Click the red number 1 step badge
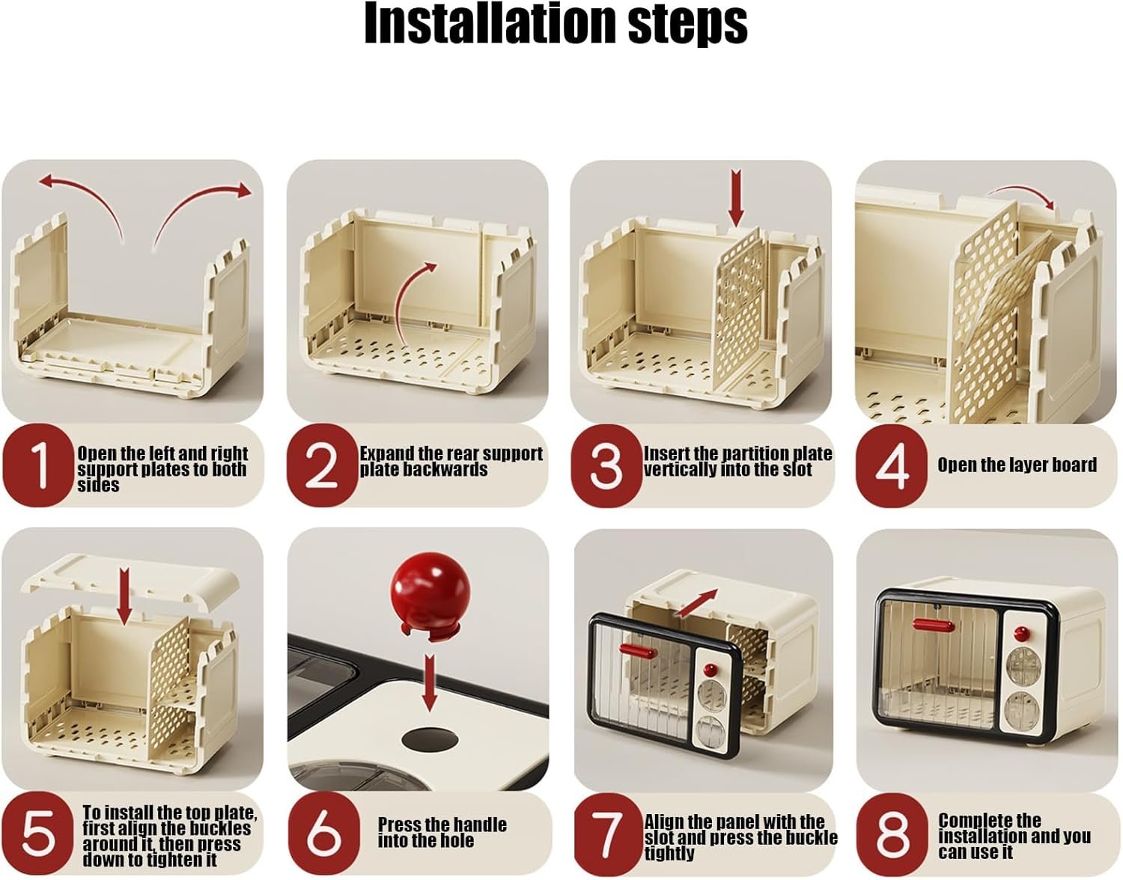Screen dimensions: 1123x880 coord(38,465)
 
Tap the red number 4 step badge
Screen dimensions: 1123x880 coord(892,466)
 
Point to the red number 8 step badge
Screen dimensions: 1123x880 coord(892,834)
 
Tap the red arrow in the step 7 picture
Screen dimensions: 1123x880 coord(696,603)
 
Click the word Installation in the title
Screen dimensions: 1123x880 coord(490,24)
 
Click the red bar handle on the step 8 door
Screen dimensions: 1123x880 coord(933,625)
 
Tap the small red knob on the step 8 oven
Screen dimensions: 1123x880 coord(1022,634)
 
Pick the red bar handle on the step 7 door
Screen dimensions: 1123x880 coord(638,651)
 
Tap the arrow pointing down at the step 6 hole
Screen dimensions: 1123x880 coord(430,682)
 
